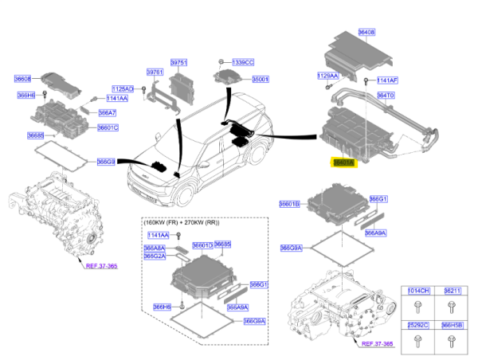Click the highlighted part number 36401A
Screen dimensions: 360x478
click(x=344, y=162)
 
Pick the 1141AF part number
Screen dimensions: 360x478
click(x=387, y=80)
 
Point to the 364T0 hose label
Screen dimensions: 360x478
click(x=386, y=95)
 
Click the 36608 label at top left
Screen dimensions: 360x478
click(x=22, y=78)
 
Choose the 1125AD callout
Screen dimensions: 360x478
click(x=123, y=89)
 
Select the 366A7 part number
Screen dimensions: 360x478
click(x=108, y=113)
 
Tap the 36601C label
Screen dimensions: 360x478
click(x=108, y=127)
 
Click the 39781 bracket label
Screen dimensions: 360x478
click(x=155, y=72)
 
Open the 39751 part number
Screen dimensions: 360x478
click(x=179, y=62)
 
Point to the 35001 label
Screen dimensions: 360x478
click(x=261, y=80)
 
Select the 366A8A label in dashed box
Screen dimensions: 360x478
click(x=155, y=248)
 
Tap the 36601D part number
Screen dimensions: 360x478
click(x=202, y=245)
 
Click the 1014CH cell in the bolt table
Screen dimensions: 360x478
click(x=419, y=292)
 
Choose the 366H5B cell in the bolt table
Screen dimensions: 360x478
click(x=452, y=326)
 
